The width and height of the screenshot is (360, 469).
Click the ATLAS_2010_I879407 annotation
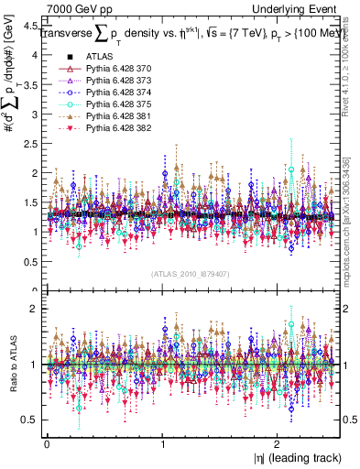[x=190, y=274]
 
